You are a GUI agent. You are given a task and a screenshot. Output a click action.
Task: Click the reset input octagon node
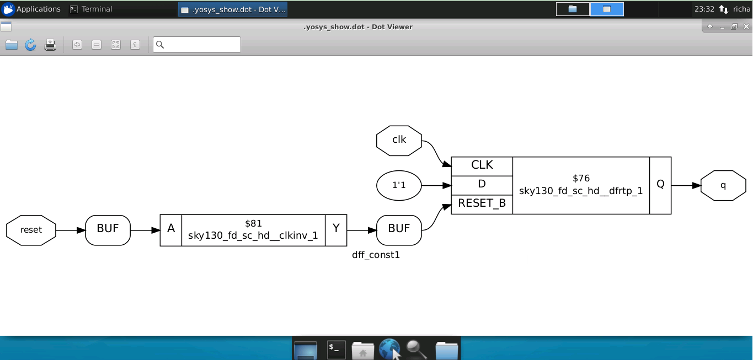(31, 230)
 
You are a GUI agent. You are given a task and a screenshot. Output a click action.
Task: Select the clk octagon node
(399, 141)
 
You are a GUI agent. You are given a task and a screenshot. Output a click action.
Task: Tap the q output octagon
(723, 185)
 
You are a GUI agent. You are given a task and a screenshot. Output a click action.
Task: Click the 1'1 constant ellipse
(399, 185)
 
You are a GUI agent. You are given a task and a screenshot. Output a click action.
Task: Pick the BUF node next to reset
(108, 230)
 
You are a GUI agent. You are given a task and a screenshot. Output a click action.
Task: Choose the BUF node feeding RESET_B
(399, 230)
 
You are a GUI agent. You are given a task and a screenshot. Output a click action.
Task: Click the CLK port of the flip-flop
(482, 166)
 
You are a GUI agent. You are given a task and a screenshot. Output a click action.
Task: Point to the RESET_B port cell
(482, 204)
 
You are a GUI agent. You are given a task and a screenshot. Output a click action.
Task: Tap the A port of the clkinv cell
(171, 230)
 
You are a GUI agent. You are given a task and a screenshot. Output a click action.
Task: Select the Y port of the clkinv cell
(336, 230)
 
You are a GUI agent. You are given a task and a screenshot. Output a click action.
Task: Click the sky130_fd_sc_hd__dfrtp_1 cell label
(580, 191)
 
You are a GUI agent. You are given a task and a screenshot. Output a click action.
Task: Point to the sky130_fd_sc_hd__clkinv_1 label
(253, 235)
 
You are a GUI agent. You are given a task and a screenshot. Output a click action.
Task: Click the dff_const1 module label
(376, 255)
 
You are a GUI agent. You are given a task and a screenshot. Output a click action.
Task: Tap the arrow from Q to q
(686, 185)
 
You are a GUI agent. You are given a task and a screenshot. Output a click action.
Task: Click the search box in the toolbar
(196, 45)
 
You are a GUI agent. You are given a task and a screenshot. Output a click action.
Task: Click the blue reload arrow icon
(30, 45)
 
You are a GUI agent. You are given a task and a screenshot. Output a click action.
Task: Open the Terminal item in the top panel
(91, 9)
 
